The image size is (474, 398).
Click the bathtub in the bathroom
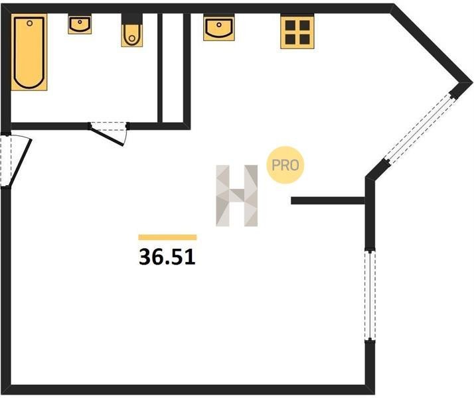tap(29, 52)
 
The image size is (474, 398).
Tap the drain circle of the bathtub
tap(30, 23)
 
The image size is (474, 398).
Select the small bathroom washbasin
tap(80, 25)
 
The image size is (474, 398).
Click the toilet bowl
tap(132, 35)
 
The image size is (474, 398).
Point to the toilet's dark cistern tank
tap(132, 19)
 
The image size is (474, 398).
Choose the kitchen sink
tap(219, 28)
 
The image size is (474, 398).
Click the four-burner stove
tap(297, 33)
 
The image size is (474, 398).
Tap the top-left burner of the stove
tap(290, 25)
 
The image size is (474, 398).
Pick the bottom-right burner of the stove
tap(305, 39)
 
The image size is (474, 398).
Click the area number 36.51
tap(167, 257)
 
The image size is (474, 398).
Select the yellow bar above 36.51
tap(167, 237)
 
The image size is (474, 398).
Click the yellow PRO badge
tap(285, 165)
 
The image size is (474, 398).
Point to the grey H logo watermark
tap(237, 196)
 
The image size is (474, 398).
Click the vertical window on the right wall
tap(370, 296)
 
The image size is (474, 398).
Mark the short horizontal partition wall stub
tap(329, 200)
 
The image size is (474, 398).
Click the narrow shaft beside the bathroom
tap(173, 68)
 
